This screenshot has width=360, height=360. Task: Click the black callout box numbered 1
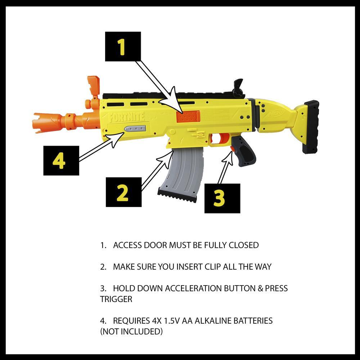coord(122,46)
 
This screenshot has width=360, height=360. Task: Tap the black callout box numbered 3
coord(222,198)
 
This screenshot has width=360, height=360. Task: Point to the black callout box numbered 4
coord(61,161)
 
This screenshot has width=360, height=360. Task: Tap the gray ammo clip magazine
coord(182,173)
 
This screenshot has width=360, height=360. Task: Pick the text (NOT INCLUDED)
coord(131,332)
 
